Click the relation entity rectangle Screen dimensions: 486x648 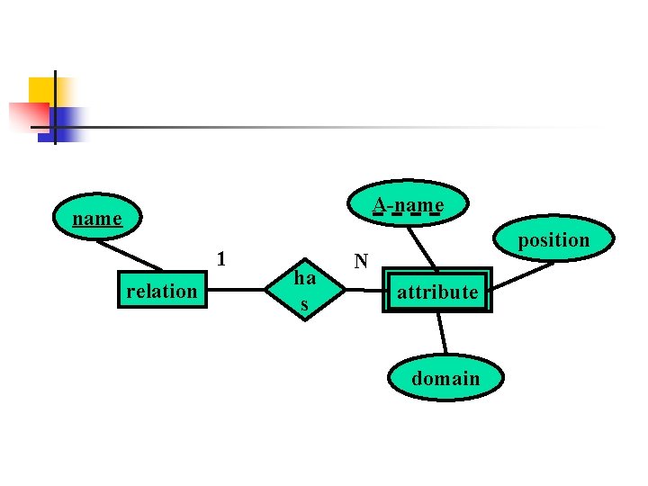click(162, 291)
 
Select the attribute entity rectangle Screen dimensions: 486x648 click(437, 291)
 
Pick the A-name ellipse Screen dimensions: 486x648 click(409, 205)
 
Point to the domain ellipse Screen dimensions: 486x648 click(445, 378)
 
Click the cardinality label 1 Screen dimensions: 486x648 click(221, 259)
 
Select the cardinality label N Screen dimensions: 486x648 click(361, 262)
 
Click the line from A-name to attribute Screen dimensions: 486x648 click(421, 247)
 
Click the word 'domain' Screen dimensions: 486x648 click(445, 379)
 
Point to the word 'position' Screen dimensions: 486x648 click(553, 240)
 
